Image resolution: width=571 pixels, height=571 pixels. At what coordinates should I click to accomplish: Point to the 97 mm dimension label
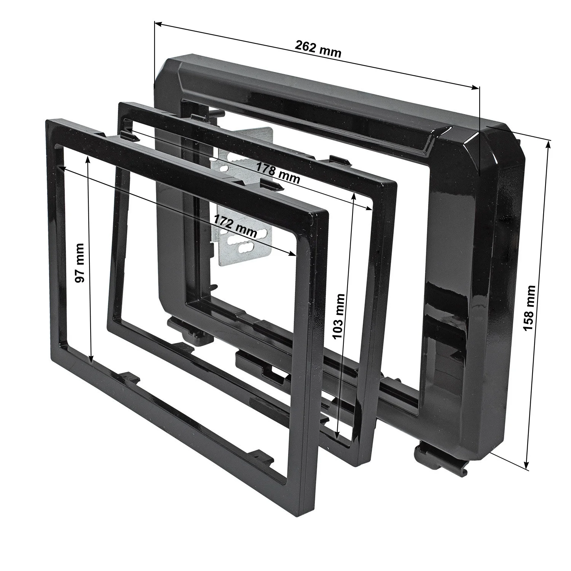(x=80, y=263)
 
